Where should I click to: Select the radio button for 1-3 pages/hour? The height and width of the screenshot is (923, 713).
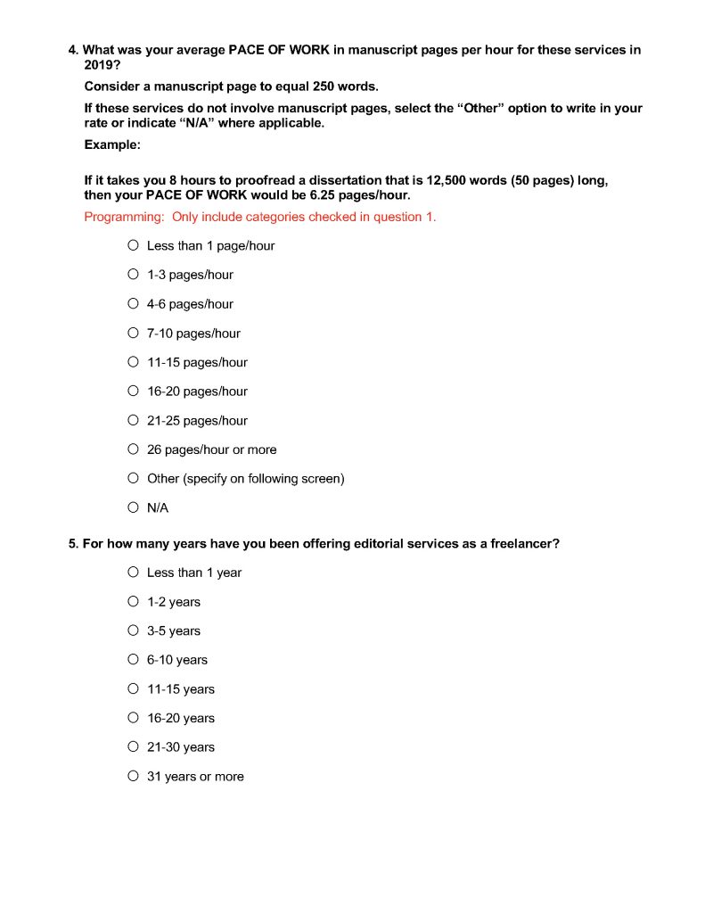(x=133, y=275)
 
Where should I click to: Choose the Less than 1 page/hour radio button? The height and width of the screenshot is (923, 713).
(x=133, y=245)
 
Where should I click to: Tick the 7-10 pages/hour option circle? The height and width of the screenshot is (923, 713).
(x=133, y=333)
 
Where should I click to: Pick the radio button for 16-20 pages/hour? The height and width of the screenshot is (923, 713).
(x=133, y=391)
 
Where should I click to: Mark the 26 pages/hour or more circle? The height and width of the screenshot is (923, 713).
(x=133, y=449)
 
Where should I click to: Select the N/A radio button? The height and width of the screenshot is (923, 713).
(x=133, y=507)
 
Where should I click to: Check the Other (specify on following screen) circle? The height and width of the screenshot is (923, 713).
(x=133, y=478)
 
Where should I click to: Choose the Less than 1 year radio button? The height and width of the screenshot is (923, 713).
(x=133, y=572)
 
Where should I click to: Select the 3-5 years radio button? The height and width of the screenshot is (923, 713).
(x=133, y=630)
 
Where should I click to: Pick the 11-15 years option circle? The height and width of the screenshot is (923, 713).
(x=133, y=688)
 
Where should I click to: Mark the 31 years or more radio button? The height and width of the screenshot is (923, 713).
(x=133, y=776)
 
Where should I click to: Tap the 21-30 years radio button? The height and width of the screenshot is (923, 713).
(x=133, y=746)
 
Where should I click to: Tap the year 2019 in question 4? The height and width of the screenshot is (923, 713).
(x=100, y=65)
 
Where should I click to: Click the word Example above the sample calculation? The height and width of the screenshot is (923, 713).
(x=111, y=144)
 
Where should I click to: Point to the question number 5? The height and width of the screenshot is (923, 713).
(x=73, y=543)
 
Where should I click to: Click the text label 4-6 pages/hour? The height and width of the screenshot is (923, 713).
(x=190, y=304)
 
